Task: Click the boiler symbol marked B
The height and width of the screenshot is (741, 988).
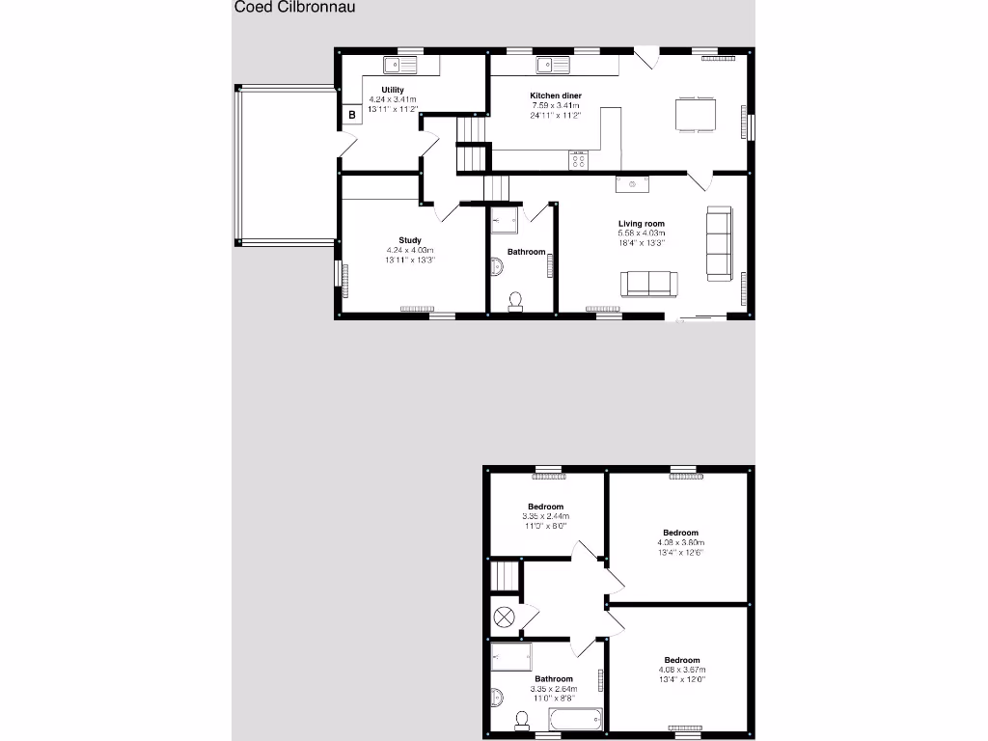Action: tap(352, 115)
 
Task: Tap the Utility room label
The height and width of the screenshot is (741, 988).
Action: tap(393, 90)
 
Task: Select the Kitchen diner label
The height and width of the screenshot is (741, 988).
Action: tap(555, 96)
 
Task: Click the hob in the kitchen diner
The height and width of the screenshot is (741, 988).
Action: tap(579, 160)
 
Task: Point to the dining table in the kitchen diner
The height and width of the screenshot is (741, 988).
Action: tap(695, 114)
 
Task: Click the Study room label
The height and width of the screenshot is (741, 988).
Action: tap(410, 240)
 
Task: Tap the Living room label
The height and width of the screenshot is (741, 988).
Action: tap(642, 224)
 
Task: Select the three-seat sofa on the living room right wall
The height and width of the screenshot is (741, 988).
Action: tap(719, 243)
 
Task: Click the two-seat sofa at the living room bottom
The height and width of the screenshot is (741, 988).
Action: tap(649, 283)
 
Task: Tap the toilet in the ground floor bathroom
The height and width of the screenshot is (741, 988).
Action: tap(516, 302)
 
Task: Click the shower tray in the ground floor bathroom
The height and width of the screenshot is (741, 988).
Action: tap(506, 221)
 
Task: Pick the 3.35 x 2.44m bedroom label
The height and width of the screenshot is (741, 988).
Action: tap(545, 507)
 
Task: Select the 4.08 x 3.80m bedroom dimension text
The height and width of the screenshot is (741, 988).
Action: tap(680, 542)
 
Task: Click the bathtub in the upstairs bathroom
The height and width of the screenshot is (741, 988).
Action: tap(577, 719)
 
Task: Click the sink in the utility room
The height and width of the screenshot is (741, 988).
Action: tap(398, 66)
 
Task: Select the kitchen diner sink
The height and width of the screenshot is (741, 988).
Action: tap(554, 66)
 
